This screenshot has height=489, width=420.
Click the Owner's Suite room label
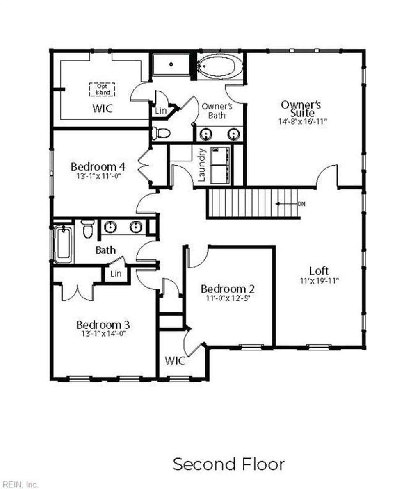tap(301, 108)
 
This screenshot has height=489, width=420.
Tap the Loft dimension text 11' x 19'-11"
tap(319, 281)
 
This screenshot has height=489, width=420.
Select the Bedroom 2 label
tap(228, 289)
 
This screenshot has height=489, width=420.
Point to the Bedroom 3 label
tap(103, 325)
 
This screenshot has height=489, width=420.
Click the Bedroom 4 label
tap(98, 167)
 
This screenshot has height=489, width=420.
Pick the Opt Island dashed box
tap(102, 89)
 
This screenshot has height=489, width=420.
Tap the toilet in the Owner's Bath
tap(161, 133)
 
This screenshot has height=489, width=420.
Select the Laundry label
tap(201, 165)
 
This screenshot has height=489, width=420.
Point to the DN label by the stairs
tap(301, 204)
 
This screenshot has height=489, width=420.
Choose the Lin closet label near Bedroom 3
tap(116, 273)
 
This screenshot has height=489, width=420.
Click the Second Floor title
tap(228, 464)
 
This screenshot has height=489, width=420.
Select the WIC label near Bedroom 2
tap(175, 361)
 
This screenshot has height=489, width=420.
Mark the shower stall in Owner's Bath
tap(171, 64)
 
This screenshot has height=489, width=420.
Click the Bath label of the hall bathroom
tap(105, 250)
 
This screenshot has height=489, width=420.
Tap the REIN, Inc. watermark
tap(20, 484)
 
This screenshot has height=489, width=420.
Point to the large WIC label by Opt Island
tap(103, 109)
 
